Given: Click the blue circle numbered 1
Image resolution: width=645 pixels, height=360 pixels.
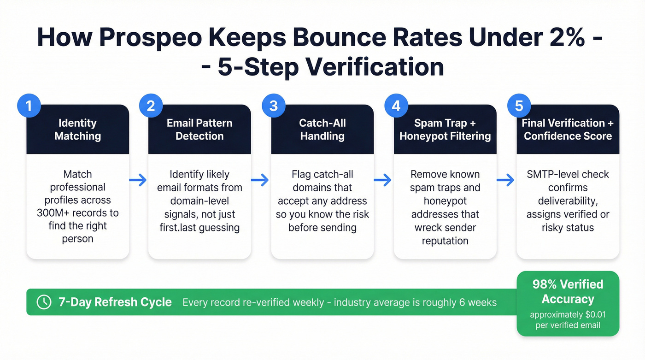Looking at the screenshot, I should (x=29, y=106).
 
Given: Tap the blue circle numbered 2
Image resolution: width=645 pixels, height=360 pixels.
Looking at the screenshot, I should (x=151, y=106).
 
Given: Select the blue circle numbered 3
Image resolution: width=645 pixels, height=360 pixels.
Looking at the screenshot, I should (x=274, y=106).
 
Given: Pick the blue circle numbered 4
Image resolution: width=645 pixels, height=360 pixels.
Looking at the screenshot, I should (x=396, y=106).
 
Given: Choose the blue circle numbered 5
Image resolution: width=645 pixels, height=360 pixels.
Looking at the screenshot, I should (x=519, y=106).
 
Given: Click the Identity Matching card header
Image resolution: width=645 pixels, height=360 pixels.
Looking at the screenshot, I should (x=77, y=130).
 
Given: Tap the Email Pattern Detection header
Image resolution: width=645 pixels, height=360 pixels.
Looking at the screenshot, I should (x=199, y=130).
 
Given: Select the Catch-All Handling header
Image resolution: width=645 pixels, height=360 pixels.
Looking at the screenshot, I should (x=322, y=130).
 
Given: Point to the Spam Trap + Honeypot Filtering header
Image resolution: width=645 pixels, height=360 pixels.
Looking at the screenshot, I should (x=445, y=130).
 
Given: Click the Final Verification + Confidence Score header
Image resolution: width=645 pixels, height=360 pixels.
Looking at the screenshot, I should (x=568, y=130).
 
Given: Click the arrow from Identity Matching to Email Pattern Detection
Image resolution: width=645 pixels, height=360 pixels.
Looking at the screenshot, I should (x=138, y=180).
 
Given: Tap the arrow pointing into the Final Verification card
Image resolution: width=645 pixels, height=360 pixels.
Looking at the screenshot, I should (x=506, y=180).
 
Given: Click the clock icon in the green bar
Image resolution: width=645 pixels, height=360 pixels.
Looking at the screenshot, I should (x=44, y=302).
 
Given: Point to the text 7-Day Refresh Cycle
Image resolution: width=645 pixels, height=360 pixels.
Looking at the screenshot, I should (x=115, y=302).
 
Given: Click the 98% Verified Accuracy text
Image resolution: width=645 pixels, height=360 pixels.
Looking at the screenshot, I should (x=568, y=292).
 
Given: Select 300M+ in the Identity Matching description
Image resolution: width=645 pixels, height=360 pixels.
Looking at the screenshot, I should (x=54, y=213).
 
